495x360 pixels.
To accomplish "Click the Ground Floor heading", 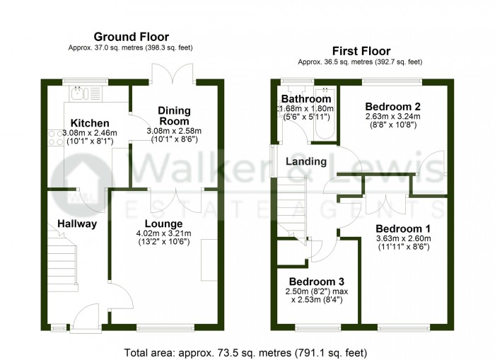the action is click(132, 37).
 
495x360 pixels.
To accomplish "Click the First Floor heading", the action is click(361, 51).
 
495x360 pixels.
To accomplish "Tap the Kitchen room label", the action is click(90, 123).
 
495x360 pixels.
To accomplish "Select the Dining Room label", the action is click(174, 115).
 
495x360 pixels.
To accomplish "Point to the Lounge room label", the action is click(163, 223).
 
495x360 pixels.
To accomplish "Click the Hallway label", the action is click(77, 224).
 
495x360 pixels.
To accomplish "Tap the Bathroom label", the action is click(306, 99).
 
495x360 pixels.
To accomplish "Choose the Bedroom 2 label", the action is click(392, 106).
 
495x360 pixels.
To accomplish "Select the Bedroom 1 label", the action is click(403, 228).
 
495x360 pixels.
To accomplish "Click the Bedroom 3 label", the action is click(317, 281).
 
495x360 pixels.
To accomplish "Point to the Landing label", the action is click(306, 161).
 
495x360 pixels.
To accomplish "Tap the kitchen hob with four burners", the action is click(56, 139).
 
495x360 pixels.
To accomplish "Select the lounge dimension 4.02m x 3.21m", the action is click(163, 233).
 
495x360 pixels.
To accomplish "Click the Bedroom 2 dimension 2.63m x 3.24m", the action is click(392, 116).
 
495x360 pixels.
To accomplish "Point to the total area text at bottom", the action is click(245, 352).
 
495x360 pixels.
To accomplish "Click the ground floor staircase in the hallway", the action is click(62, 259).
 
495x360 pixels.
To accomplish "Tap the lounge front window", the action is click(165, 328).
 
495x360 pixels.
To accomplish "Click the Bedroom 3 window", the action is click(318, 328).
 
